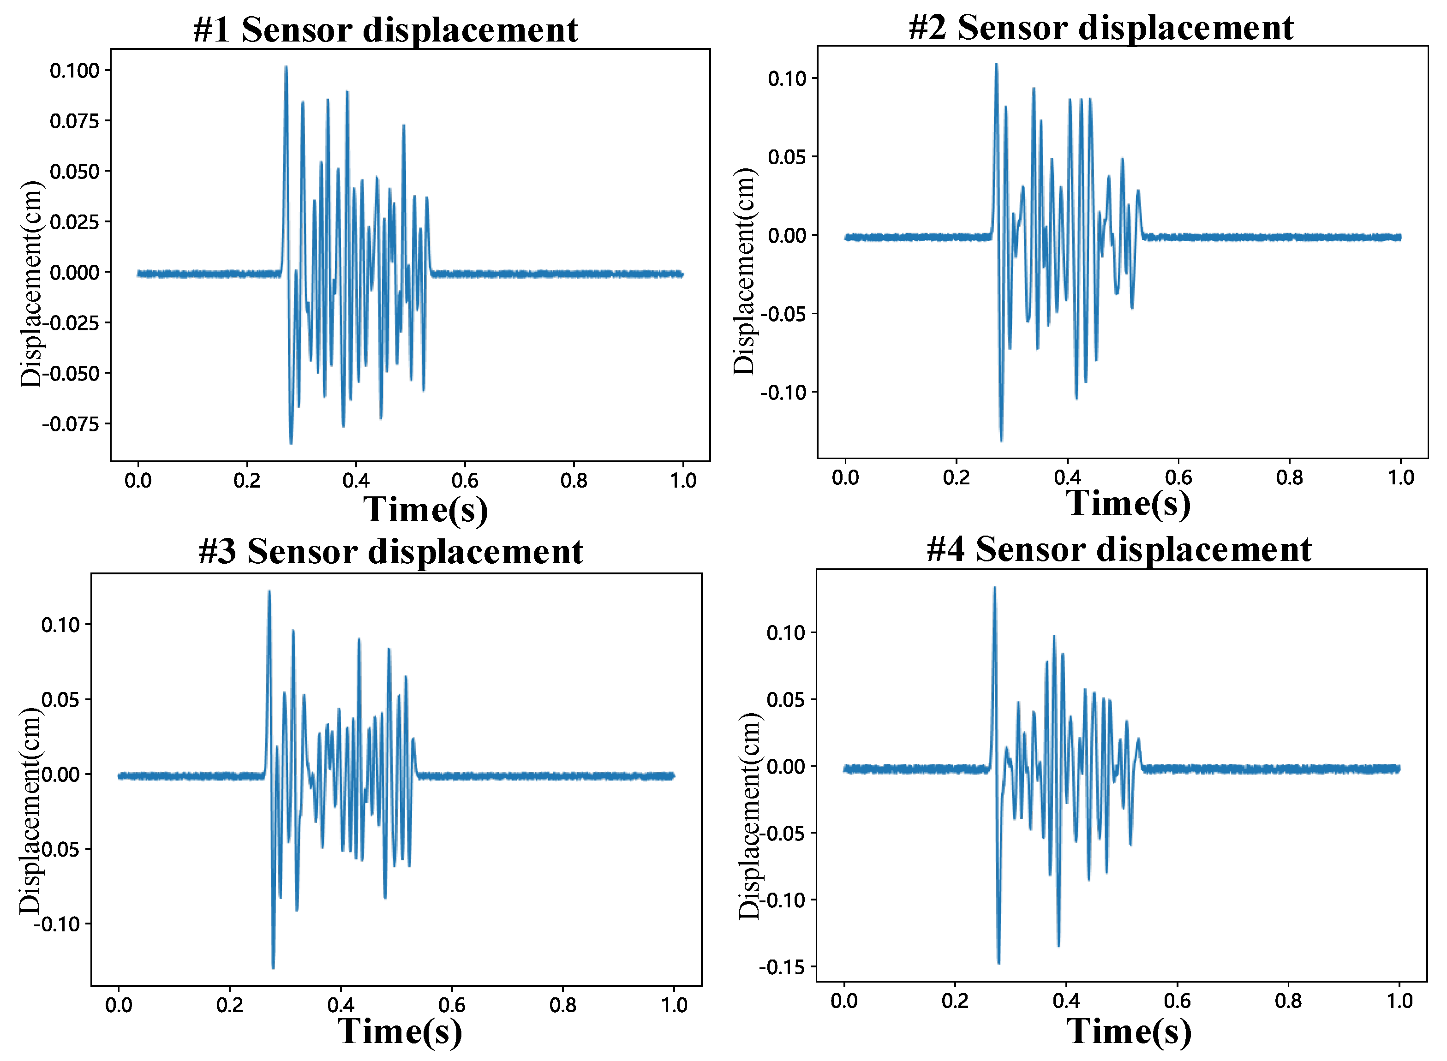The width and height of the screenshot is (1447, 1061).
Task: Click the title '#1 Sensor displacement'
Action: pyautogui.click(x=385, y=30)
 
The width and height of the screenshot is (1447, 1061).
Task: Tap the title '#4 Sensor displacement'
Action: pyautogui.click(x=1118, y=550)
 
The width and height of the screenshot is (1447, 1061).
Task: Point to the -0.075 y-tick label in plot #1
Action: pyautogui.click(x=71, y=424)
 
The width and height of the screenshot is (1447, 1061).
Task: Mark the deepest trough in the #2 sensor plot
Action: pyautogui.click(x=1001, y=440)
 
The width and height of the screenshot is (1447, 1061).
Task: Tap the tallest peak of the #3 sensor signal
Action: pyautogui.click(x=269, y=591)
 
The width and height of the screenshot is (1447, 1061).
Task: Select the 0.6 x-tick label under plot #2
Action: pyautogui.click(x=1178, y=477)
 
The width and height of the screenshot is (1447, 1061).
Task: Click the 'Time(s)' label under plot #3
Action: pyautogui.click(x=400, y=1031)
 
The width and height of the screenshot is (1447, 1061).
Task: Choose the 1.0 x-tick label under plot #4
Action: pyautogui.click(x=1399, y=1001)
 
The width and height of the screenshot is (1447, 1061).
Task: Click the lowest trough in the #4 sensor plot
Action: pyautogui.click(x=999, y=963)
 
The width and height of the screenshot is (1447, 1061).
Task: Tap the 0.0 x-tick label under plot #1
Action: pyautogui.click(x=138, y=480)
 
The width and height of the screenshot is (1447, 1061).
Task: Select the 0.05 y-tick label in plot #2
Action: pyautogui.click(x=787, y=157)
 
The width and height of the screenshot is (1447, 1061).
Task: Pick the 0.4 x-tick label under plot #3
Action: pyautogui.click(x=341, y=1005)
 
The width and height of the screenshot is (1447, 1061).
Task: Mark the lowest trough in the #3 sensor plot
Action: pyautogui.click(x=273, y=968)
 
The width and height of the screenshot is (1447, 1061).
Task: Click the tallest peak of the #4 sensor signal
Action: pyautogui.click(x=995, y=587)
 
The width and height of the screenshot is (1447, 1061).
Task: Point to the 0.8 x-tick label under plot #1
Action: pyautogui.click(x=574, y=480)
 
